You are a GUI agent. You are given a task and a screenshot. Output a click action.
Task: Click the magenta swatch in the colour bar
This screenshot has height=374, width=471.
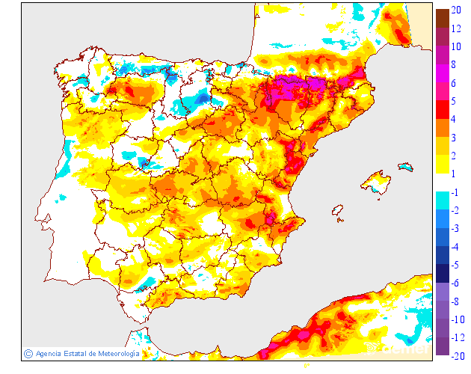tap(443, 73)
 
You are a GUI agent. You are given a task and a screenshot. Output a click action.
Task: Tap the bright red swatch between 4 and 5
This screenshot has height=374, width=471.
tap(443, 110)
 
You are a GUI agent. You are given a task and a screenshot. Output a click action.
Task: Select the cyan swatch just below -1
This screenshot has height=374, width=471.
tap(443, 200)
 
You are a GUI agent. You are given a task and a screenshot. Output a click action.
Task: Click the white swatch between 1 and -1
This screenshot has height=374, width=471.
tap(443, 183)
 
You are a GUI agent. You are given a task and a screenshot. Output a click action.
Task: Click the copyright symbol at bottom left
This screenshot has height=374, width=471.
tap(28, 354)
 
